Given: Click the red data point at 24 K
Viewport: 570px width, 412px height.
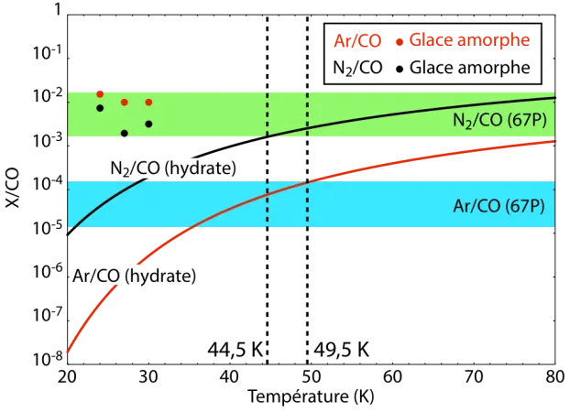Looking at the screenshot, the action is [100, 94].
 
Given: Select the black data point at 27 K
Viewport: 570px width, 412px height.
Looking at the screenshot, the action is [125, 134].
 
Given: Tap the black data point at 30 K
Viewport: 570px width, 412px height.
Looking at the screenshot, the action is [148, 124].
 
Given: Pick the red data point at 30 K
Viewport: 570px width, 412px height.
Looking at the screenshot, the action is [148, 103].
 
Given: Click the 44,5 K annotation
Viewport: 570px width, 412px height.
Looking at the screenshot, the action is [236, 351].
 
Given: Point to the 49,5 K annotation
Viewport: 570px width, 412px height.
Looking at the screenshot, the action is [341, 351].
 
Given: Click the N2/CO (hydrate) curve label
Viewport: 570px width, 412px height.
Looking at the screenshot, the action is [173, 168].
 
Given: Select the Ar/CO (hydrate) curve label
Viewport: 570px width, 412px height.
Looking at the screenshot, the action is [135, 276].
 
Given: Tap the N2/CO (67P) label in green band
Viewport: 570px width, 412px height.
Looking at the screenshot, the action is [499, 120].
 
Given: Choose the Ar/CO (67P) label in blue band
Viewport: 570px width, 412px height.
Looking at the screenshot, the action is [499, 206].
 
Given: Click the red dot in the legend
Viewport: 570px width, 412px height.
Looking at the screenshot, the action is [400, 42].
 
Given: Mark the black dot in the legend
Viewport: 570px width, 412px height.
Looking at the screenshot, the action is [400, 70].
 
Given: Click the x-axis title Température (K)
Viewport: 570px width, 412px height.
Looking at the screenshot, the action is [312, 396].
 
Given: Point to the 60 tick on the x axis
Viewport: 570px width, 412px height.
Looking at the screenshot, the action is [392, 377].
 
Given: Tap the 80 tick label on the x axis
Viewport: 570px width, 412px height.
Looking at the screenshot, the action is [555, 377].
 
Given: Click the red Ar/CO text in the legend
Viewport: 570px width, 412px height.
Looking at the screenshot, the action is [357, 40].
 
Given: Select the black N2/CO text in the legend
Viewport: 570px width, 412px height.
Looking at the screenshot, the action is [357, 68].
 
